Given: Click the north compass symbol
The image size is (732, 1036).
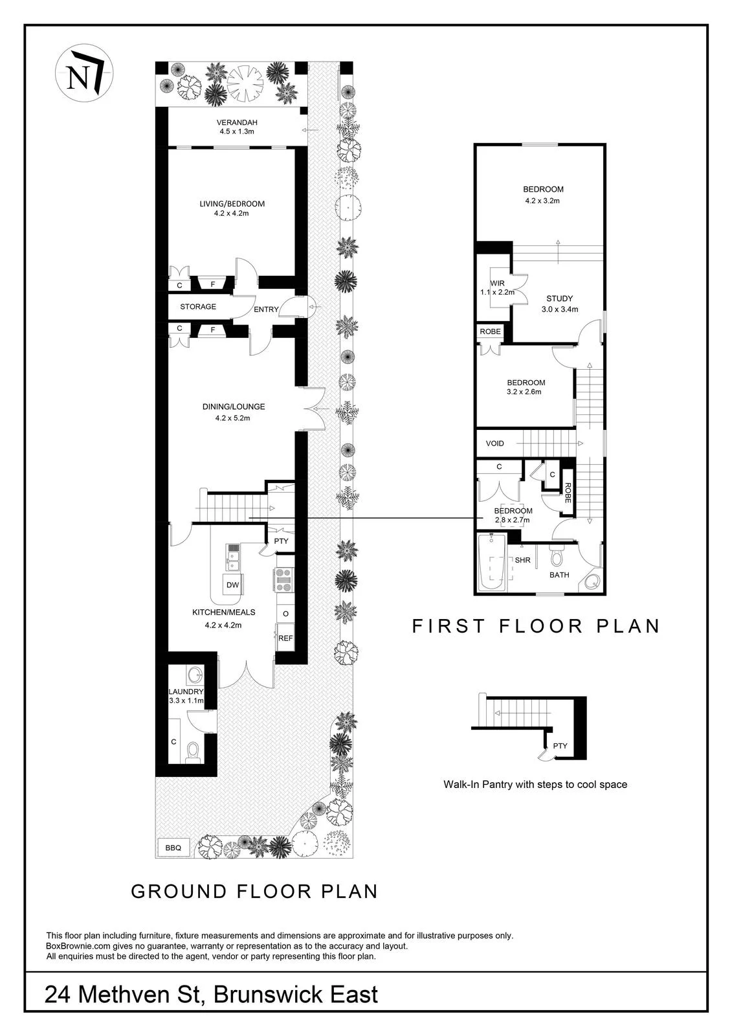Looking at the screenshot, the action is (x=84, y=74).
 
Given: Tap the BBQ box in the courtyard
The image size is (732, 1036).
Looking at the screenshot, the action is (x=173, y=848).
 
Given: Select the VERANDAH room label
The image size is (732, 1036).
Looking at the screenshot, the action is (x=237, y=122).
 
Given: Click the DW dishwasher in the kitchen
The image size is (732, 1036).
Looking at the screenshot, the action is (x=232, y=585).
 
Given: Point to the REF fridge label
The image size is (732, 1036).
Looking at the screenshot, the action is (x=285, y=638).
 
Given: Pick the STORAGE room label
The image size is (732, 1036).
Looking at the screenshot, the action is (x=198, y=307).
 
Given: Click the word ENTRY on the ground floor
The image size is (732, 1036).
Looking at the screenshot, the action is (x=266, y=310).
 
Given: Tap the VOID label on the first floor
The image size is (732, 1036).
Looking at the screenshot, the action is (x=494, y=444).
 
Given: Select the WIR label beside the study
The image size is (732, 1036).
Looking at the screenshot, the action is (x=498, y=284).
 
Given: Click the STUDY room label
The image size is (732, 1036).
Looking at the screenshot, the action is (x=560, y=298).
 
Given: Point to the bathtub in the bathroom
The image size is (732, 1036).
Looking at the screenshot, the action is (x=491, y=563).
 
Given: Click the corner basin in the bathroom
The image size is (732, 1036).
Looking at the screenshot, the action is (x=592, y=581).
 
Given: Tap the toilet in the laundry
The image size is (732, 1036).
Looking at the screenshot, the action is (x=192, y=752).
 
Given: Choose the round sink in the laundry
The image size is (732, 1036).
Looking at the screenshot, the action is (x=194, y=676).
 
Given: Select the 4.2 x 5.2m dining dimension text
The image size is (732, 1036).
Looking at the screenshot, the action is (x=232, y=418).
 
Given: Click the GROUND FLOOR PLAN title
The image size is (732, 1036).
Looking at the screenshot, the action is (x=254, y=891).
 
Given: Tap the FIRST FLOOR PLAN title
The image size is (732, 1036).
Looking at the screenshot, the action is (x=536, y=626).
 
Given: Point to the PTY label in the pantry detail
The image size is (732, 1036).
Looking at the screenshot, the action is (x=560, y=746).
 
